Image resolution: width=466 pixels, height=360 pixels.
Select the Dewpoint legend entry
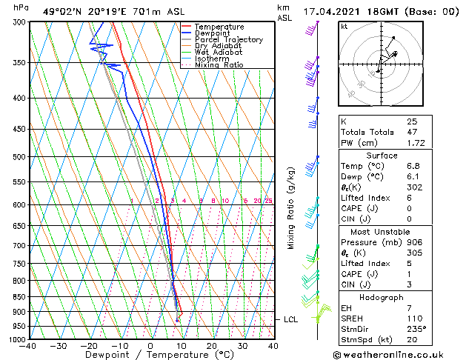[215, 33]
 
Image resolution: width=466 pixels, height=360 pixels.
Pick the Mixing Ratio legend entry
[219, 65]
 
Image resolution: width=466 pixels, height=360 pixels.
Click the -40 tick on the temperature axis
[28, 346]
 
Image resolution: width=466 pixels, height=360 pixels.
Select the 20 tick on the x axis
[211, 346]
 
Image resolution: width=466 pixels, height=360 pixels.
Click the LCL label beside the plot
[290, 319]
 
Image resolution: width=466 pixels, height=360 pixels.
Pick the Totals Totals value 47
[412, 131]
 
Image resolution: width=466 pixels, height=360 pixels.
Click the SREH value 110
[413, 318]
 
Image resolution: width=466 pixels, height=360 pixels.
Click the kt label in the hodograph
[344, 26]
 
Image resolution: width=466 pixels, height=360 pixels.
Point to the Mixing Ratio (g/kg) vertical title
[291, 207]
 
